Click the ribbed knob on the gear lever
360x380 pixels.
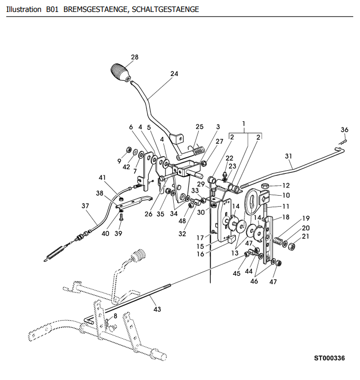click(121, 72)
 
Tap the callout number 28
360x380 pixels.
click(135, 57)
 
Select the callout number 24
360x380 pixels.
click(174, 73)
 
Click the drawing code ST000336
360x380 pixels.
click(329, 358)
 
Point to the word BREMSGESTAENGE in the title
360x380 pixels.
click(96, 9)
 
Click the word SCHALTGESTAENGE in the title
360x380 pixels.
click(165, 9)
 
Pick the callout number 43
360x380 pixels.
click(157, 309)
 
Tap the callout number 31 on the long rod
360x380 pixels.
click(288, 156)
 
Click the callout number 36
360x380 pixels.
click(344, 130)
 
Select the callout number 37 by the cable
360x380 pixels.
click(85, 206)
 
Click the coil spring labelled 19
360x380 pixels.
click(278, 241)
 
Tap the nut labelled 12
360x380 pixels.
click(265, 186)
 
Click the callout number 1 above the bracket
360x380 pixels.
click(243, 123)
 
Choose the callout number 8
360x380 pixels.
click(115, 316)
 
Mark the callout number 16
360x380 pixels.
click(200, 254)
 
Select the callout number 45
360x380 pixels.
click(237, 273)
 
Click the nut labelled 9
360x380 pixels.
click(129, 149)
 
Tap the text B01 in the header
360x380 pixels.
click(53, 9)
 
